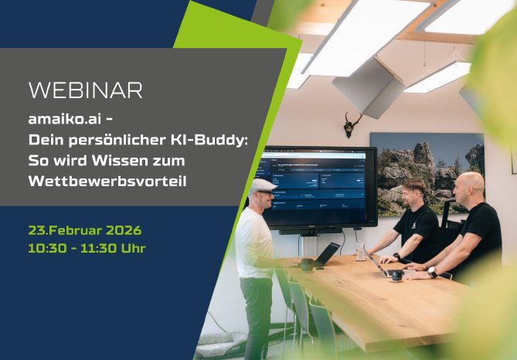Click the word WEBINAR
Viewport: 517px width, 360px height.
[85, 90]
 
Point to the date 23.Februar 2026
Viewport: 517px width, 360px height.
[85, 229]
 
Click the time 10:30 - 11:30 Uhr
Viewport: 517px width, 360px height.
[87, 248]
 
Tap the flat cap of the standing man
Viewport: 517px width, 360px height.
[263, 186]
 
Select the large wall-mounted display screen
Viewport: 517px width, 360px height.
[318, 185]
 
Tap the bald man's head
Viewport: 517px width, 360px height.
[470, 185]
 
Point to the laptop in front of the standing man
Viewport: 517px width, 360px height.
[325, 254]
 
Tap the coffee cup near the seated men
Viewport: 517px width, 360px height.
[396, 275]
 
